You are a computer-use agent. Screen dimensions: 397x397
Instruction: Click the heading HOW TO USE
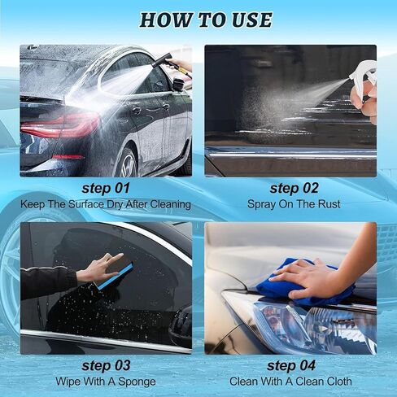point(205,20)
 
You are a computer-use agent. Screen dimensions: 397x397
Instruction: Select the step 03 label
point(106,366)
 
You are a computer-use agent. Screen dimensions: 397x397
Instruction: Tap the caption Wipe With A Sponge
point(106,381)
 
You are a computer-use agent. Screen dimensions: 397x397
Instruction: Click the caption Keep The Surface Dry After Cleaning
point(106,205)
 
